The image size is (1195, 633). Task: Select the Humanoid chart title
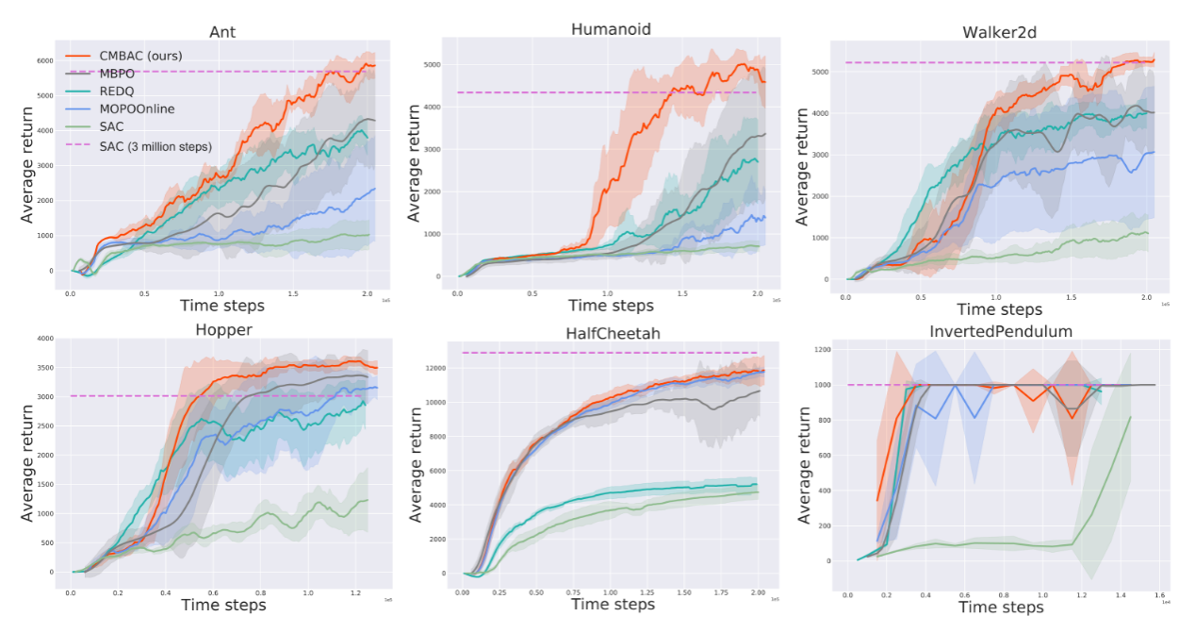(x=611, y=28)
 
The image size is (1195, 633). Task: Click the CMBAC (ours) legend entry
(x=139, y=57)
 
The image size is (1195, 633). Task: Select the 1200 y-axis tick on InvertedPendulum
(x=822, y=350)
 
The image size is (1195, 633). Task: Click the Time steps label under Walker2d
(x=999, y=308)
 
